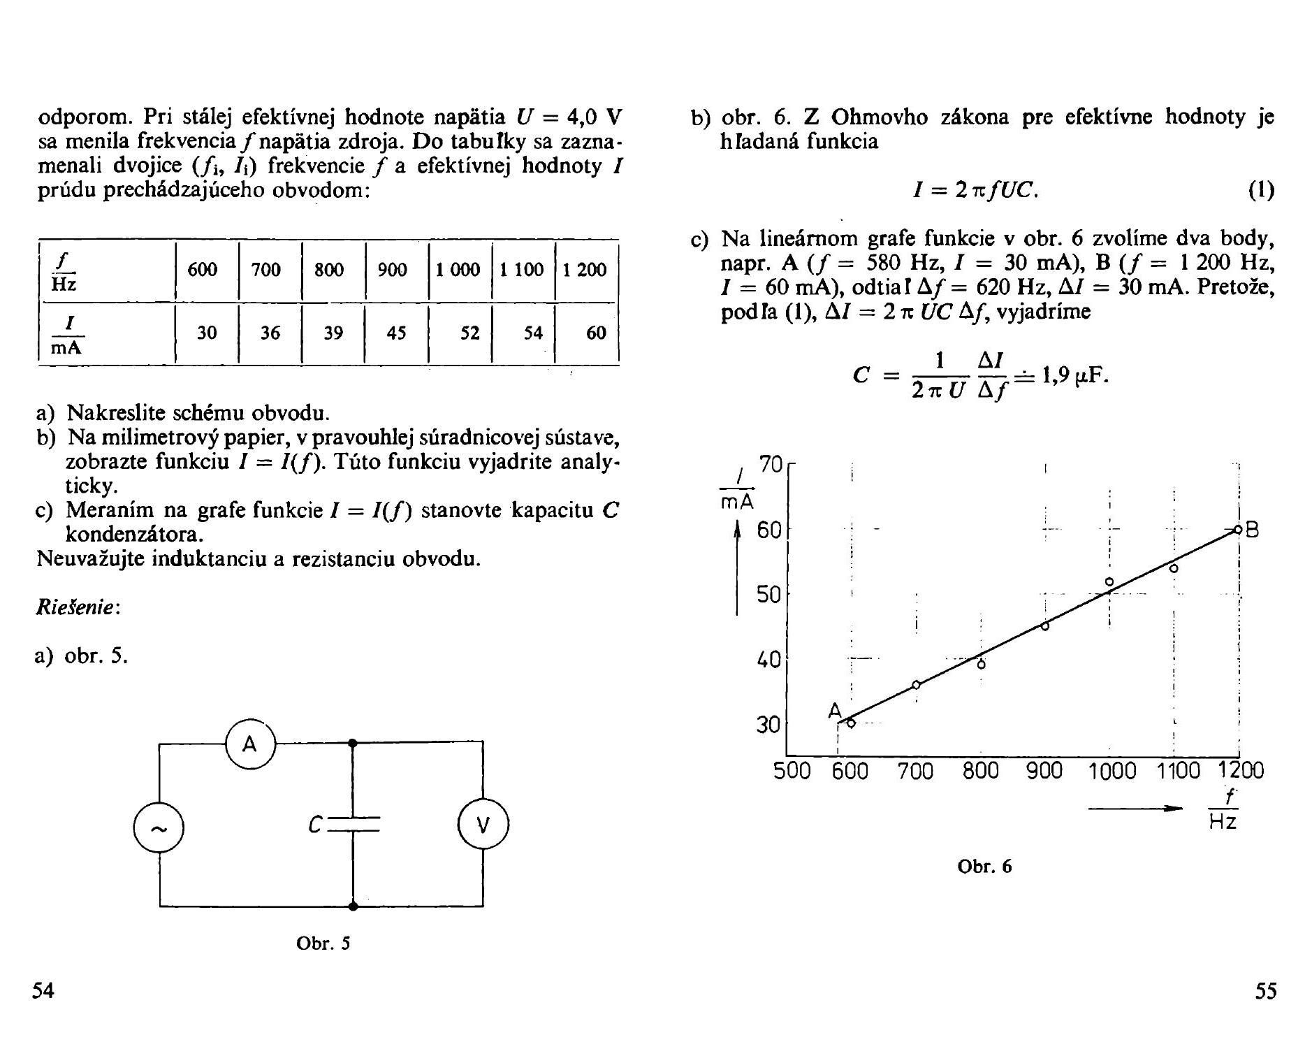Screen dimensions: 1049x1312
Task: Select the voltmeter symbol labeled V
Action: (483, 826)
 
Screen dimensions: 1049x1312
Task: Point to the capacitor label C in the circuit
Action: (315, 825)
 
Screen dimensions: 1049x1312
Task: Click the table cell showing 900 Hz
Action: (392, 270)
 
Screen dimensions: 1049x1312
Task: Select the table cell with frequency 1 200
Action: (585, 270)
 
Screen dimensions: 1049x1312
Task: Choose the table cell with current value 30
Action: (207, 333)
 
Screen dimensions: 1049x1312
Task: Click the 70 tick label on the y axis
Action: (771, 465)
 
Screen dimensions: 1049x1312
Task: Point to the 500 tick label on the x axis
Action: (792, 772)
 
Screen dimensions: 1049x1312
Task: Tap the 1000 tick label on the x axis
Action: (1112, 772)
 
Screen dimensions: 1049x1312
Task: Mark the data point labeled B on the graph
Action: (1237, 530)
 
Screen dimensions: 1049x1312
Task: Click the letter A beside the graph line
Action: (835, 711)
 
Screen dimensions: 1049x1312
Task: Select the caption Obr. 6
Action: (984, 867)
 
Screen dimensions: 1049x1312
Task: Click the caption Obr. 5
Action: (323, 943)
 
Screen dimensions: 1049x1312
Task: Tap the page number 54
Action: (43, 991)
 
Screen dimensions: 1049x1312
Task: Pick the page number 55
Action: (1265, 991)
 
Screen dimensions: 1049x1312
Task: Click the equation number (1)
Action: (1261, 190)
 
